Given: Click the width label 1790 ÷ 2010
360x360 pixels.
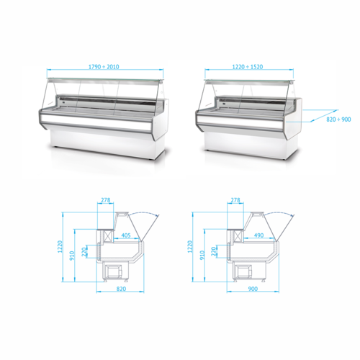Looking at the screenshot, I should click(104, 68).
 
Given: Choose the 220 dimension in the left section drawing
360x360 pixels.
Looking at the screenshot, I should click(84, 253).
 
